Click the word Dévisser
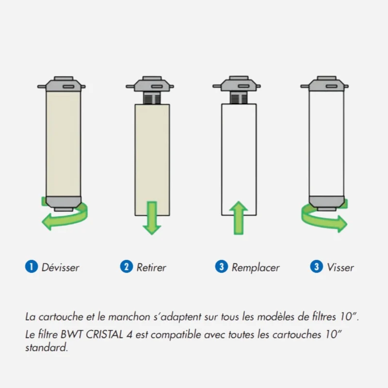[60, 268]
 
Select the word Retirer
[151, 268]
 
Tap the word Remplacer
[256, 268]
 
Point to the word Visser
[340, 268]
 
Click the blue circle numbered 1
[32, 267]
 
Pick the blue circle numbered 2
[127, 267]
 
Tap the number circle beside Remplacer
[222, 267]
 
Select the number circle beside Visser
[317, 267]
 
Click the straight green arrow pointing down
[152, 218]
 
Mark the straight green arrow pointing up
[239, 218]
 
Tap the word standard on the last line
[47, 347]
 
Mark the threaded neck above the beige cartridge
[152, 98]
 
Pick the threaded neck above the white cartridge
[239, 97]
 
